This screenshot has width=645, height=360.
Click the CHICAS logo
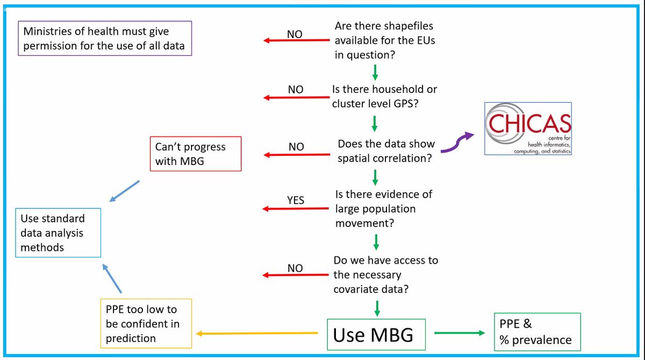point(528,128)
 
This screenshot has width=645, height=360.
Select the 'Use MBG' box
point(374,335)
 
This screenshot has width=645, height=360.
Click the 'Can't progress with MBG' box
point(195,154)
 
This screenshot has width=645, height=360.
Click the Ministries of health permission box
point(105,38)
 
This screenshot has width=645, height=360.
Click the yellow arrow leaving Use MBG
point(257,334)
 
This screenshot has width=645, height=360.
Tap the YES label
point(295,200)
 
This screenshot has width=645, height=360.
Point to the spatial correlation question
point(385,152)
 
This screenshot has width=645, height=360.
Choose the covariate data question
point(385,275)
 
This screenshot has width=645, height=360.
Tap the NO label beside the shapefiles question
point(294,34)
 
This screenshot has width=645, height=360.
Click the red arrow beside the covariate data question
point(296,276)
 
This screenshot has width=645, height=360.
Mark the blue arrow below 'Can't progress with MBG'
point(124,191)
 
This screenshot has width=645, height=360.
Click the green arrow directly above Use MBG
point(377,307)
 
